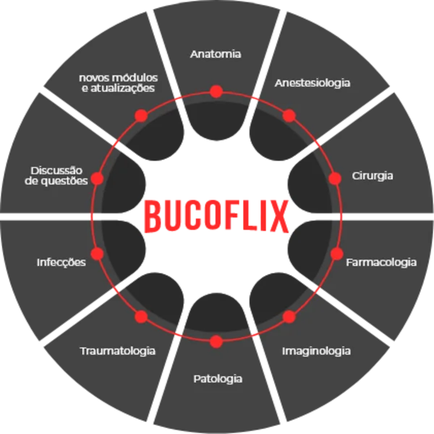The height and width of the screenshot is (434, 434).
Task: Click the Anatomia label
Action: point(216,54)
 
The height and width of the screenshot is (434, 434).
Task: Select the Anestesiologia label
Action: point(312,83)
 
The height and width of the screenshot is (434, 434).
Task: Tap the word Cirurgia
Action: point(373,176)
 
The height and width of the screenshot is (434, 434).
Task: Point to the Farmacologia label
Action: point(381,262)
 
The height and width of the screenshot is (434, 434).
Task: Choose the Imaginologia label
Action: point(316,352)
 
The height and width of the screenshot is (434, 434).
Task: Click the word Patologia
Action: point(218,379)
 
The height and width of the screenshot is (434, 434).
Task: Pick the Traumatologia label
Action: point(117,352)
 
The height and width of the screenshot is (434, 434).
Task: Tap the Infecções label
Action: point(61,262)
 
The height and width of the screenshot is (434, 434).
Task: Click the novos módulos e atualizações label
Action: point(118,82)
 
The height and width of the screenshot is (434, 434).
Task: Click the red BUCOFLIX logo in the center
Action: point(216,216)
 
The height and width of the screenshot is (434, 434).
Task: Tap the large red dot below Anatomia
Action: point(216,92)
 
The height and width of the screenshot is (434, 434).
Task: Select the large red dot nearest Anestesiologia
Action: point(289,116)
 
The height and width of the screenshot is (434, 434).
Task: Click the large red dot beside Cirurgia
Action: point(335,178)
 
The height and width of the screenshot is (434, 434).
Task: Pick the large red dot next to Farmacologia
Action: point(336,254)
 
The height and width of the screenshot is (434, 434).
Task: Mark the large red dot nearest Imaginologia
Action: point(289,317)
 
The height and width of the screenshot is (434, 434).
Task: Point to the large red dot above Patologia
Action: point(216,341)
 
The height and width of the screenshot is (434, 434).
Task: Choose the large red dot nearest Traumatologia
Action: point(142,317)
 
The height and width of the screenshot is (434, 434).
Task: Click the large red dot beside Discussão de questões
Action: point(97,178)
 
